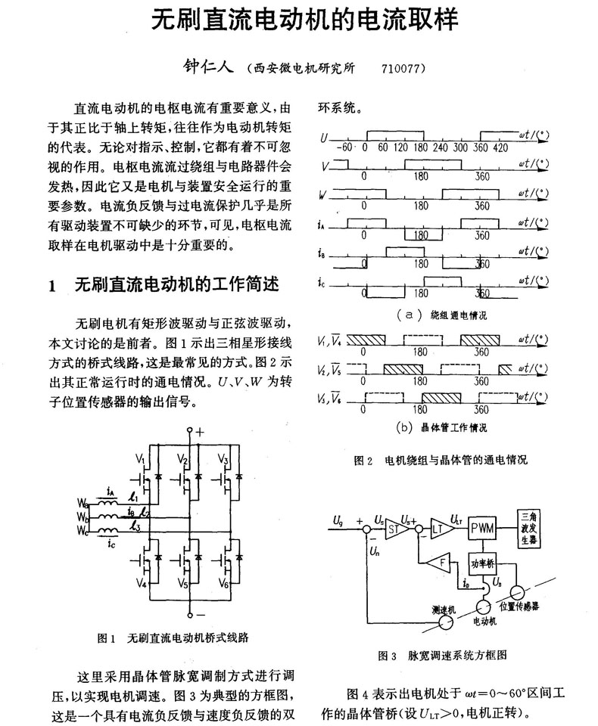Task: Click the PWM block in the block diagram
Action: point(481,529)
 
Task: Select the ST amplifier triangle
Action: point(395,529)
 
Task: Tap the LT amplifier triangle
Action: point(440,529)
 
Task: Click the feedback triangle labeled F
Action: point(440,563)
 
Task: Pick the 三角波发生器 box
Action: point(529,529)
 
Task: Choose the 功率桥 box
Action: point(482,563)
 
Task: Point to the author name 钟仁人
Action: point(208,67)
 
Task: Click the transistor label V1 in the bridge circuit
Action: point(141,459)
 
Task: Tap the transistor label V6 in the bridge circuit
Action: point(223,583)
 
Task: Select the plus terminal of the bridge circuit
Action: point(189,430)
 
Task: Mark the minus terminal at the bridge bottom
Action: point(189,615)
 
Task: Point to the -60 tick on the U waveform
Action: point(344,147)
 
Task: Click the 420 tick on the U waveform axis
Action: point(500,147)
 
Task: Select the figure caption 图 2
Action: point(363,461)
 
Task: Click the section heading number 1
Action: point(52,286)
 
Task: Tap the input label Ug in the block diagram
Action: point(338,520)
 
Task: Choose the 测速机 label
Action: point(444,610)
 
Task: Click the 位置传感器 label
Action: point(519,606)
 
